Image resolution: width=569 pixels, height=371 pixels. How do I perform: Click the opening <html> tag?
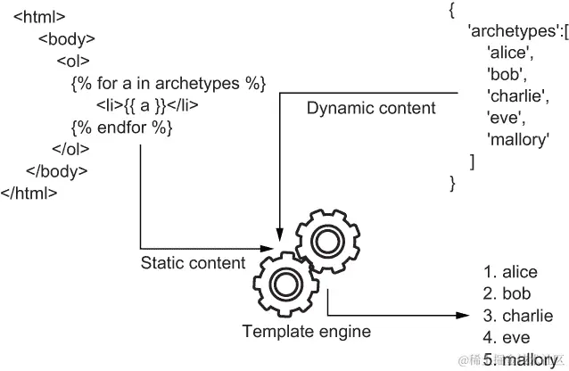[x=39, y=17]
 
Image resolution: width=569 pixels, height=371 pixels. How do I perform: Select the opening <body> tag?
[x=67, y=39]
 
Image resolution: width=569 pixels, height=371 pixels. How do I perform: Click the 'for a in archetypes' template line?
[x=168, y=84]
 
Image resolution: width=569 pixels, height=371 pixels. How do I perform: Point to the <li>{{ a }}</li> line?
[x=147, y=105]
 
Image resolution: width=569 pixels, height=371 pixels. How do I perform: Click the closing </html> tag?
[x=29, y=192]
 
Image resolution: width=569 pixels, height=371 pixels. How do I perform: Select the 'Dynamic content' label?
[x=371, y=108]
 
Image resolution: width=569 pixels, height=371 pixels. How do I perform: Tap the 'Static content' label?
[x=193, y=262]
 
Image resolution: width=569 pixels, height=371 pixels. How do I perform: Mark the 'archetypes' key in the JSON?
[x=507, y=32]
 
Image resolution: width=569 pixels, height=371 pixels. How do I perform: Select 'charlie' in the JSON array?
[x=518, y=95]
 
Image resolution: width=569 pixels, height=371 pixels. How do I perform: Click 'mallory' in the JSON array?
[x=518, y=138]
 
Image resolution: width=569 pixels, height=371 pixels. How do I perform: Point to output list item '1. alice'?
[x=511, y=272]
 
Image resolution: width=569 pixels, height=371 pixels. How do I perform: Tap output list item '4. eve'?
[x=506, y=338]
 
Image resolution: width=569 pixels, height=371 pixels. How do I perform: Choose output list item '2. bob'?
[x=507, y=293]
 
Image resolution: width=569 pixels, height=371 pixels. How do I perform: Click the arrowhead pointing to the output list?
[x=464, y=315]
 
